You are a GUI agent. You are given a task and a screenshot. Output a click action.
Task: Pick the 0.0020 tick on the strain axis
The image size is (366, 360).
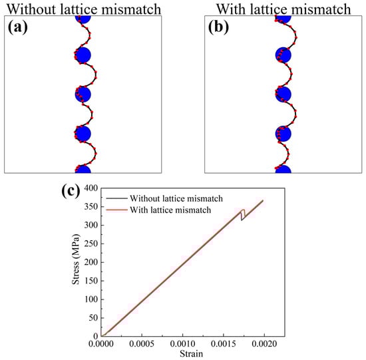pyautogui.click(x=265, y=344)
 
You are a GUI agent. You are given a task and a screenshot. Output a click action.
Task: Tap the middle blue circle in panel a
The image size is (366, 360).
pyautogui.click(x=83, y=94)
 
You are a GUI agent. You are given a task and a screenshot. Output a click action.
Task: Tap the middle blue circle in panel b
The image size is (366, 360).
pyautogui.click(x=283, y=94)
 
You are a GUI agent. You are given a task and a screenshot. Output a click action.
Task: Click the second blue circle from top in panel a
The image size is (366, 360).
pyautogui.click(x=83, y=55)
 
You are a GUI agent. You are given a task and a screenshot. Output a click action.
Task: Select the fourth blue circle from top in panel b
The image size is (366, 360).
pyautogui.click(x=283, y=133)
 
